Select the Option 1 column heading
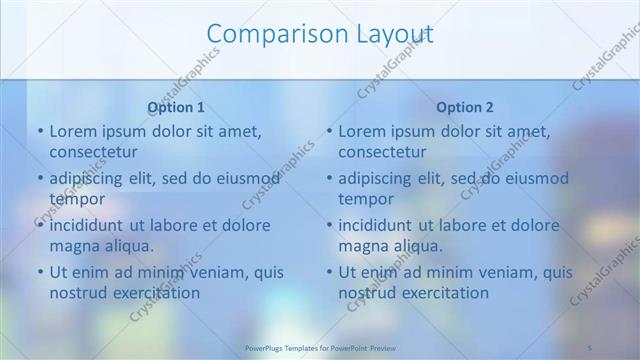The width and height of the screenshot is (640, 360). click(176, 107)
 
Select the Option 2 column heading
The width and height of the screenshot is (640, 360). click(465, 107)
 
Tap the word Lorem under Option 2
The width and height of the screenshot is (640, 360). click(362, 131)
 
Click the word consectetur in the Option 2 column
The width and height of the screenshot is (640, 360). click(382, 152)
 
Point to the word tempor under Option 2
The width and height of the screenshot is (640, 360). click(366, 199)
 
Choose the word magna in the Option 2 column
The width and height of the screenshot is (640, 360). click(363, 245)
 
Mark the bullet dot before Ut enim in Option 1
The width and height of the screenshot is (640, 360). click(40, 272)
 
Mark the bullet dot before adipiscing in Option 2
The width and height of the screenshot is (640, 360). click(329, 179)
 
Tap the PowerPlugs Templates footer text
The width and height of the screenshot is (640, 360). click(320, 348)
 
